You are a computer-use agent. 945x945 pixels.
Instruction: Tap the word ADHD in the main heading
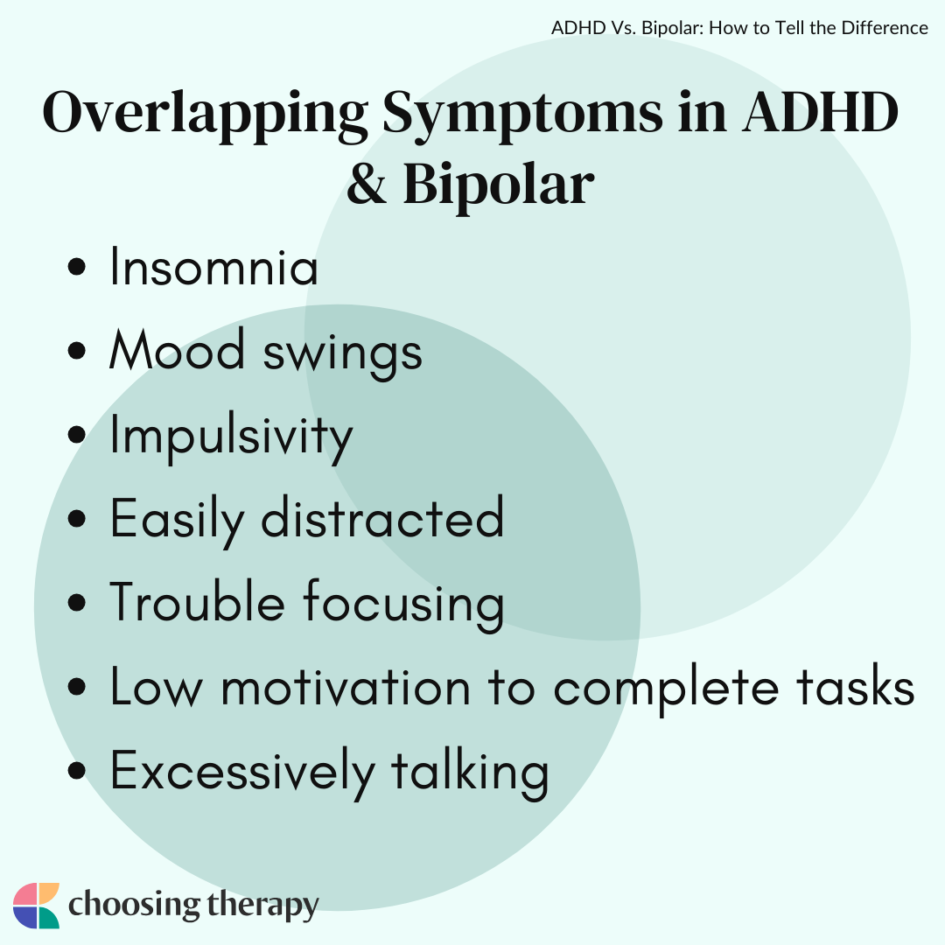tap(820, 111)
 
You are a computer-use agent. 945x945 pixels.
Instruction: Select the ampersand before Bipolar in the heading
tap(367, 183)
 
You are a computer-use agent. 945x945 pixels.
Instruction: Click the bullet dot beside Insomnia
tap(77, 266)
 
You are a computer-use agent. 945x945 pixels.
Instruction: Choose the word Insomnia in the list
tap(213, 266)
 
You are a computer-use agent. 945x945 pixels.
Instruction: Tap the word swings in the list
tap(343, 354)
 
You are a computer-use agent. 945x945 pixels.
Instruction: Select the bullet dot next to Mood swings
tap(77, 350)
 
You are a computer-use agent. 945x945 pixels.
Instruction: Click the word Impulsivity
tap(231, 438)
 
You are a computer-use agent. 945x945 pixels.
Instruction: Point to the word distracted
tap(382, 516)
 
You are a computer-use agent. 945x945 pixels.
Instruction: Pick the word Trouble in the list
tap(197, 601)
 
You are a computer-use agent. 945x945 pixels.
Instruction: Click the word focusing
tap(403, 605)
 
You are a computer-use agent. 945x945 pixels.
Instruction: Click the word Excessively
tap(241, 773)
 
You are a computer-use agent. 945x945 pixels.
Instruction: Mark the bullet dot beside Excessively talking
tap(77, 770)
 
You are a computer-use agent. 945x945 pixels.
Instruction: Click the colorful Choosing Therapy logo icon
tap(36, 906)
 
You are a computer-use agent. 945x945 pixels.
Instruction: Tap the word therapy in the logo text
tap(262, 906)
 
